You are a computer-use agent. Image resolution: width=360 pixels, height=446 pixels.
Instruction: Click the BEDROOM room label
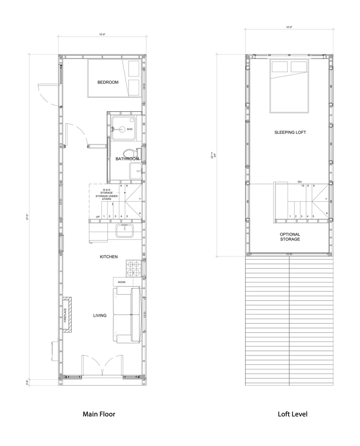(108, 82)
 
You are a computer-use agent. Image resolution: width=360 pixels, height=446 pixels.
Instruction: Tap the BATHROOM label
(127, 159)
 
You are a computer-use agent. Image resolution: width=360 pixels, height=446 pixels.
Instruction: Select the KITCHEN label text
(109, 257)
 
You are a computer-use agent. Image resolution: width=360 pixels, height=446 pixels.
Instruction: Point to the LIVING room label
(100, 315)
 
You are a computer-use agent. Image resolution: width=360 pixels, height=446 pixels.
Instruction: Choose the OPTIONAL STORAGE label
(290, 237)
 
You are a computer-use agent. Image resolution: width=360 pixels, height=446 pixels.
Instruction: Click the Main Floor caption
(99, 414)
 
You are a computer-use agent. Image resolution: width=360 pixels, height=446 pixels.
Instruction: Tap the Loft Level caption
(292, 414)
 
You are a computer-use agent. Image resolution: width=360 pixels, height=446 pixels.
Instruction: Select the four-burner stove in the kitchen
(133, 269)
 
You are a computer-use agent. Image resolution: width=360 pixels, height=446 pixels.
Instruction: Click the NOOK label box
(122, 282)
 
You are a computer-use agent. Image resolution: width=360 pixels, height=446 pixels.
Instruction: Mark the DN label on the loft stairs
(299, 182)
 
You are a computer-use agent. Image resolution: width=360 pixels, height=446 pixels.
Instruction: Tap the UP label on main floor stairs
(98, 217)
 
